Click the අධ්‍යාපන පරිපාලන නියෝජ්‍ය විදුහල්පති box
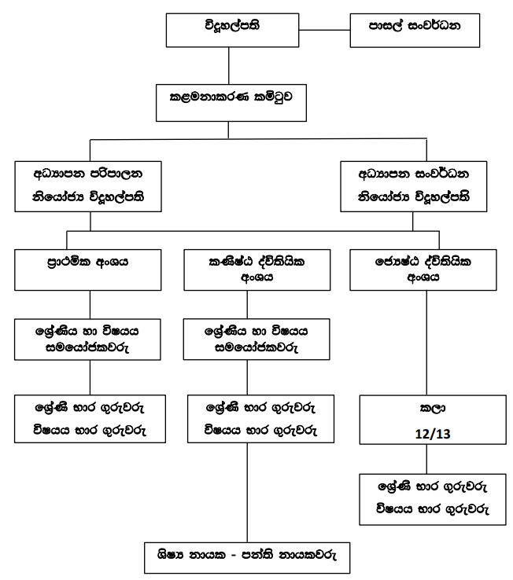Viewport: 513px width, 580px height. [88, 186]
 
